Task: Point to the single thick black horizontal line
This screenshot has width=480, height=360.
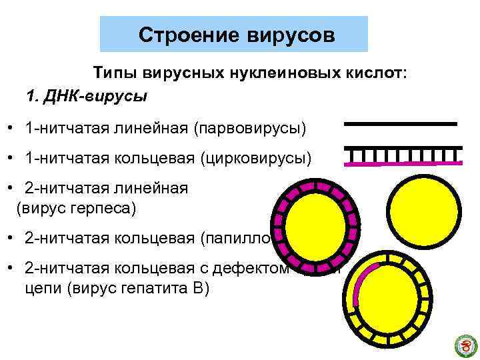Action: coord(400,124)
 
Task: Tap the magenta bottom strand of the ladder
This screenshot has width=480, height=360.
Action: coord(403,163)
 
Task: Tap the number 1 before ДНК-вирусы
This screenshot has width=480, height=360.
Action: coord(31,95)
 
